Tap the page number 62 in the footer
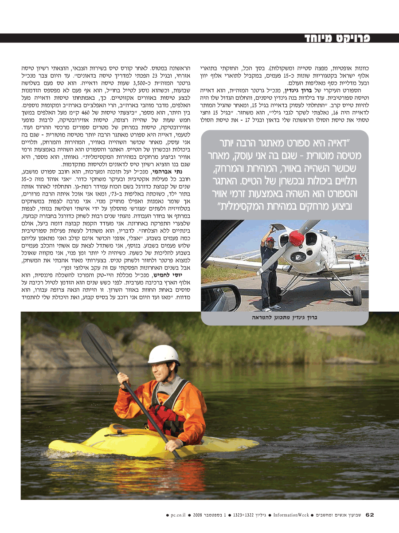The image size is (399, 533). tap(370, 515)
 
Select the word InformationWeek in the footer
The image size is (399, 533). tap(291, 515)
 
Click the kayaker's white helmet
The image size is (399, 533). tap(164, 355)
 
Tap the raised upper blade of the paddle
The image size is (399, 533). tap(96, 344)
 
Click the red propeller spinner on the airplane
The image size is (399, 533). tap(296, 238)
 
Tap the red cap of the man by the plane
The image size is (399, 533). tap(270, 239)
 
